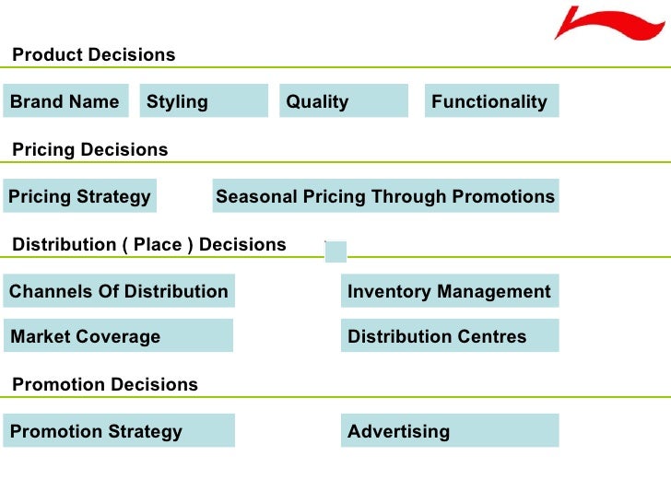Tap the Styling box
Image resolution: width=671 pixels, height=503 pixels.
point(204,101)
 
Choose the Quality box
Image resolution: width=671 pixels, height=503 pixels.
point(343,101)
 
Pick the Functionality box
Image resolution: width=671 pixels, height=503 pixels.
point(491,101)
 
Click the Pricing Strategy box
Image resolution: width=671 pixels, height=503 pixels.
point(79,196)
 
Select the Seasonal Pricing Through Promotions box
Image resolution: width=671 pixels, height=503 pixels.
point(385,196)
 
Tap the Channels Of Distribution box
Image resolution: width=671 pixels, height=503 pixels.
point(119,292)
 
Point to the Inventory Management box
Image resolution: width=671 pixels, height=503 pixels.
point(449,292)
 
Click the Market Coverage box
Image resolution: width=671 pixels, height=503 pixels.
point(118,336)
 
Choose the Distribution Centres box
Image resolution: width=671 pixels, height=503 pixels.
point(449,336)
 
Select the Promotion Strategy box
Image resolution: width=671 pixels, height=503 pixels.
point(118,431)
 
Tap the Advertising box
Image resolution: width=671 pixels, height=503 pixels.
point(449,431)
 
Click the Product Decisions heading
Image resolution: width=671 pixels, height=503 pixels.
point(93,55)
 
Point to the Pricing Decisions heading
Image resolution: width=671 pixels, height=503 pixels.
point(90,149)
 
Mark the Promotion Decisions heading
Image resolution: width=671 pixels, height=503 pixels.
point(105,384)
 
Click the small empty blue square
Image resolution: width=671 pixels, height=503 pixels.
point(335,251)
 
